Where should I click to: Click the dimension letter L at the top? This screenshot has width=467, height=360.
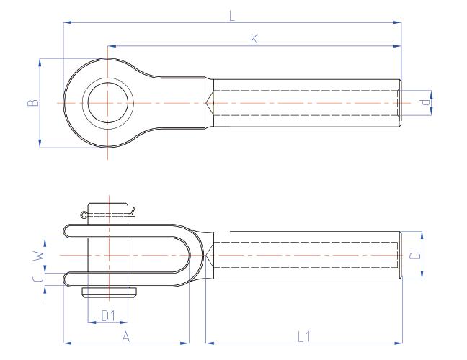click(232, 15)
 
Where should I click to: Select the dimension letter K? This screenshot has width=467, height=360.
click(254, 40)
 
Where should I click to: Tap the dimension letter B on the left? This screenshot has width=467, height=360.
click(31, 103)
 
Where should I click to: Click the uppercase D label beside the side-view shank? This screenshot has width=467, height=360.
click(413, 256)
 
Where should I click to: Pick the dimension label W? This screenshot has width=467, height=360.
click(40, 254)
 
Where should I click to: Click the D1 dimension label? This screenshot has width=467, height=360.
click(107, 316)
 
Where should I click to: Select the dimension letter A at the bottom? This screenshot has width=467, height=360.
click(125, 336)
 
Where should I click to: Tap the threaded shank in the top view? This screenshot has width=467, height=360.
click(303, 103)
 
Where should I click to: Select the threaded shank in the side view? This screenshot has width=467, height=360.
click(303, 256)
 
